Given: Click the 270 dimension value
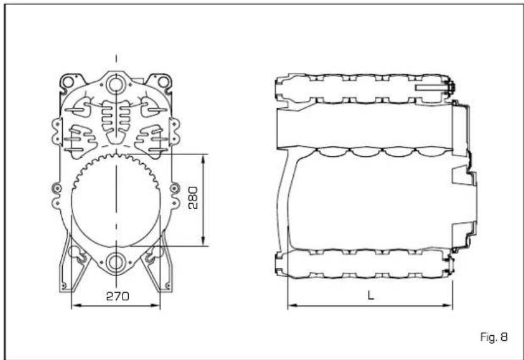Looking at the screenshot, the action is [117, 296].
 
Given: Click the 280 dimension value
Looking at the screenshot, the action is [193, 197].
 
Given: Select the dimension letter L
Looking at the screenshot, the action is [370, 295].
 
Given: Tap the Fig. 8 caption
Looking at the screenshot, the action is [494, 337].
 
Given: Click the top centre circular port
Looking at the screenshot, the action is [116, 84].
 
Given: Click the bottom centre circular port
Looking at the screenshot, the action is [116, 262].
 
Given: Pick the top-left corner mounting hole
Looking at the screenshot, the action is [68, 81].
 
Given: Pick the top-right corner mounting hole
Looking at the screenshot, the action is [164, 81].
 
